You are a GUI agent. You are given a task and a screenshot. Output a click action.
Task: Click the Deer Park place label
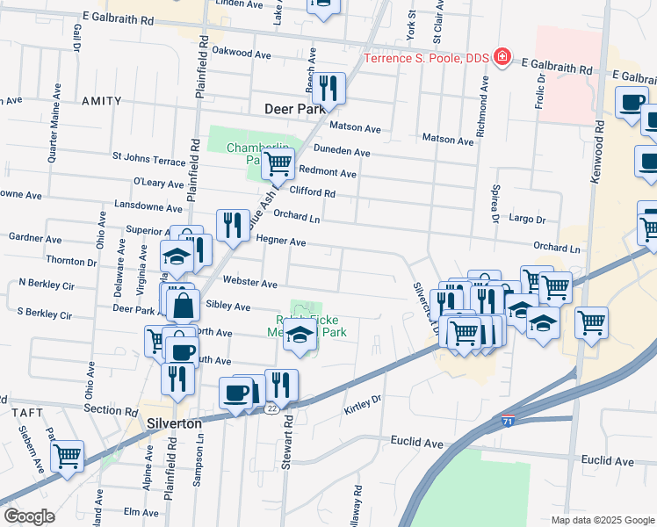coord(294,110)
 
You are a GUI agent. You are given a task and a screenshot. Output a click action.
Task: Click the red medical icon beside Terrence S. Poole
coord(502,58)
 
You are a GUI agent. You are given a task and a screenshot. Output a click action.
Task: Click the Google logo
coord(29,516)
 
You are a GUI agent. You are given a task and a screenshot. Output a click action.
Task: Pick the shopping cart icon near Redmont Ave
coord(278,162)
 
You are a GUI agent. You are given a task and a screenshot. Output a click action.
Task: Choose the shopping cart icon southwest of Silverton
coord(67,455)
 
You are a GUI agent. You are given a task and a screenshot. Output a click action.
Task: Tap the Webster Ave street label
coord(250,284)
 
